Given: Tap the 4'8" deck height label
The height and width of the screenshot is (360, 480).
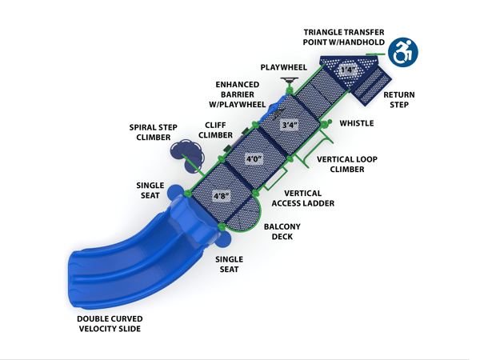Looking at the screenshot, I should [x=221, y=195].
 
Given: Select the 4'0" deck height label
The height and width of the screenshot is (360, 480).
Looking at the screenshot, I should [x=254, y=159].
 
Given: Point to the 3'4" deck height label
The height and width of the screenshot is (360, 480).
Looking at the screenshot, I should [x=290, y=125].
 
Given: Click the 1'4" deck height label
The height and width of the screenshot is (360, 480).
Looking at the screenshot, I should [x=346, y=70].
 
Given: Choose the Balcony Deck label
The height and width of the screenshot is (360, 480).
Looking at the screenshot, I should [x=282, y=231].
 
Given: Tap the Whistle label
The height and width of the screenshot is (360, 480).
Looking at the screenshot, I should [x=356, y=123].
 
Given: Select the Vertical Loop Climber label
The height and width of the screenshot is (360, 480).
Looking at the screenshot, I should [x=347, y=164].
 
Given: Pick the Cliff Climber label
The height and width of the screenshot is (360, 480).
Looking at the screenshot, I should [x=215, y=130].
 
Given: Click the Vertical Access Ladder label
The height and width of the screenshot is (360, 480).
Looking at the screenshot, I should [x=303, y=198].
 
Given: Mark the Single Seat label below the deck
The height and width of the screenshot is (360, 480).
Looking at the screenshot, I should [x=229, y=265].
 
